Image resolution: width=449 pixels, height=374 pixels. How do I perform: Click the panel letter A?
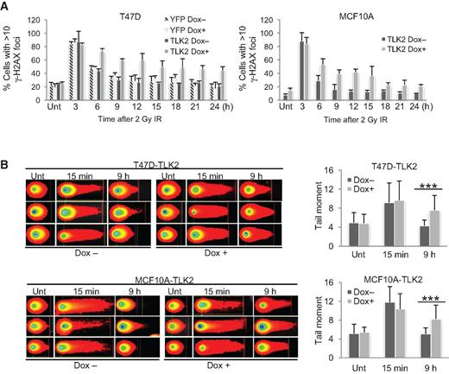click(6, 7)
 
